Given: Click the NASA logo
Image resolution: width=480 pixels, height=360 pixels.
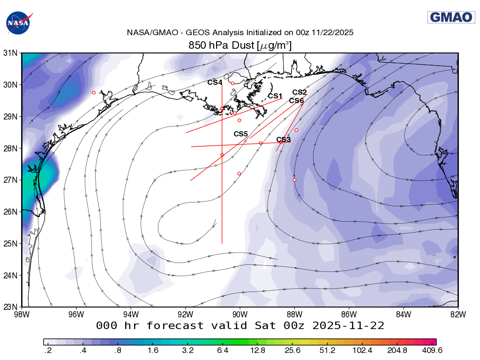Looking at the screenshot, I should tap(18, 22).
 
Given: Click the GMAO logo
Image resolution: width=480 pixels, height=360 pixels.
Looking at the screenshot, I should tap(451, 17).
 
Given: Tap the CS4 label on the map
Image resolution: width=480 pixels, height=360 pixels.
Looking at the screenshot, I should tap(215, 82).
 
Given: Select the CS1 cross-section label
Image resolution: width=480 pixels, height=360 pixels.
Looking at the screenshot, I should tap(276, 96).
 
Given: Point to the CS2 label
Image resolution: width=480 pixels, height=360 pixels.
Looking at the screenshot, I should tap(300, 92).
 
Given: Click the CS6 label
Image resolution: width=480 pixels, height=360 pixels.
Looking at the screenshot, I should tap(296, 101).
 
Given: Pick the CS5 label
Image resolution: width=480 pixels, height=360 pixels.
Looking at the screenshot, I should tap(240, 134).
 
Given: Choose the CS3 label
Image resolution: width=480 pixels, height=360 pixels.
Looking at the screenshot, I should tap(284, 140).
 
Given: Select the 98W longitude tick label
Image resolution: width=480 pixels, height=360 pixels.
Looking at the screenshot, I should tap(22, 314).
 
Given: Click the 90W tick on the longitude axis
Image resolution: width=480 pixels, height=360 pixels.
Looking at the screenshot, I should tap(240, 314).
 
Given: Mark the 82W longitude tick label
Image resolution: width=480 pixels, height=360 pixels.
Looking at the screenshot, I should tap(457, 314).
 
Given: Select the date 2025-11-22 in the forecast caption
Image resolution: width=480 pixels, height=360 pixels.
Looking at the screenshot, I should tap(347, 325).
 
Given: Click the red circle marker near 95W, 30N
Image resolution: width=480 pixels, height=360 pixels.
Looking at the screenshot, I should tap(94, 93).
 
